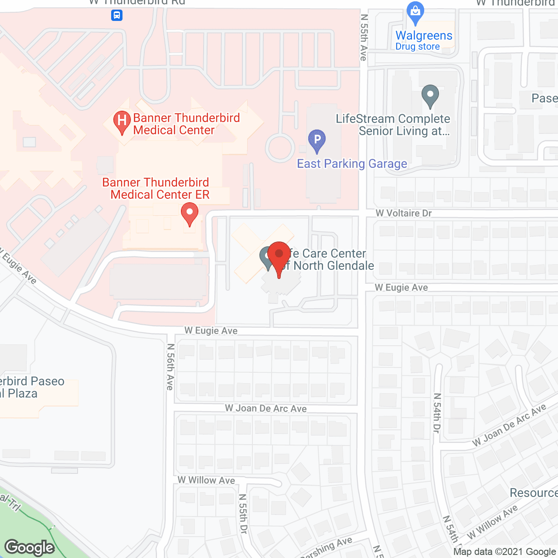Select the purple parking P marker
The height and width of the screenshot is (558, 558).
tap(317, 140)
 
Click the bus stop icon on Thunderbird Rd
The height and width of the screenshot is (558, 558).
tap(116, 16)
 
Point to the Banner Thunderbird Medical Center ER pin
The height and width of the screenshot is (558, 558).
tap(190, 213)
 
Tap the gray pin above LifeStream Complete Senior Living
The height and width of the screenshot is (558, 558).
tap(430, 95)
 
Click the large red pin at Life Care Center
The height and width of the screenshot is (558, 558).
tap(279, 257)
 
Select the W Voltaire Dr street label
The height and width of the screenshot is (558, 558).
tap(404, 213)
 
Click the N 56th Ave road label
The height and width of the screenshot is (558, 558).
tap(170, 367)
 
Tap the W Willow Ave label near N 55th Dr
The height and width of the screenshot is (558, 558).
tap(206, 480)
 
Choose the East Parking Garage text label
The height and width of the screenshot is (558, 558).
tap(352, 164)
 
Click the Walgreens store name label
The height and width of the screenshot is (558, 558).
tap(424, 35)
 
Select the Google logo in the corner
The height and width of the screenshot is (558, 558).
tap(30, 548)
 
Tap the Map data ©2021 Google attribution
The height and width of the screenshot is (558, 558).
tap(505, 552)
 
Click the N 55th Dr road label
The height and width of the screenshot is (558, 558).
tap(243, 514)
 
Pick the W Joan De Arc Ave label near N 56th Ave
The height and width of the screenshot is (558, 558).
tap(265, 408)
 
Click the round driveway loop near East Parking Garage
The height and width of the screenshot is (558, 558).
tap(280, 148)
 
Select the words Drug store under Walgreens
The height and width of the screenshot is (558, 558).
tap(417, 47)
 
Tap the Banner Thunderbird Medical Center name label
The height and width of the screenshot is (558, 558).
tap(186, 124)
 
